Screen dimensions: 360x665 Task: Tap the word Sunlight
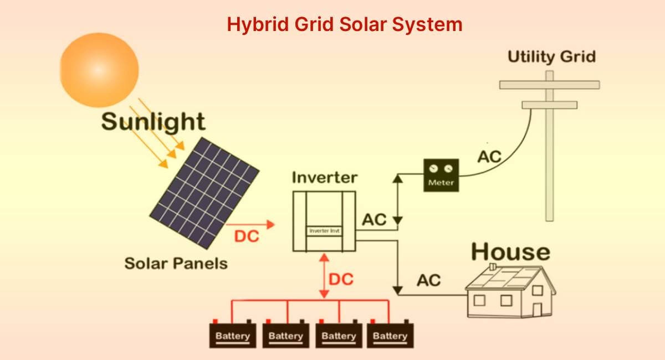154,121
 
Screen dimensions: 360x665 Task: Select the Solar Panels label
176,263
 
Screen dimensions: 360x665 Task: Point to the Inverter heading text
324,178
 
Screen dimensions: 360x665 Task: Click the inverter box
324,220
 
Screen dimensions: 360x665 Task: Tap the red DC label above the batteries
341,279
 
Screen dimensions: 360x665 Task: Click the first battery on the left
233,335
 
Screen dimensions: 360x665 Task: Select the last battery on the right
390,335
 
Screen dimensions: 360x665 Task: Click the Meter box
441,176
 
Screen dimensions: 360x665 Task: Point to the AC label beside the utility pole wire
489,157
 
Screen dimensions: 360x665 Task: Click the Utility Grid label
551,56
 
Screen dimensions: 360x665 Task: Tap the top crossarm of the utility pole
549,85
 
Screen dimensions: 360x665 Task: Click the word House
510,252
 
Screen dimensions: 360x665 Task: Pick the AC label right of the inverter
374,219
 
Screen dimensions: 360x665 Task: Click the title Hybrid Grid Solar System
344,24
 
